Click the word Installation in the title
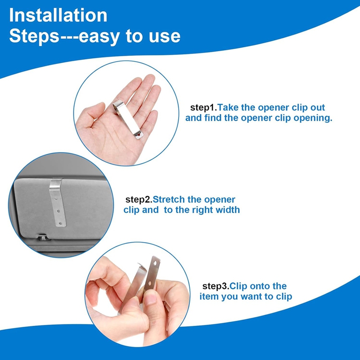tap(58, 16)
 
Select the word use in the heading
tap(164, 36)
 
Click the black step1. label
tap(204, 108)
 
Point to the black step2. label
tap(139, 199)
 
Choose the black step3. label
tap(216, 286)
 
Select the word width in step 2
tap(228, 210)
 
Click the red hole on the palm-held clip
tap(140, 133)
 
